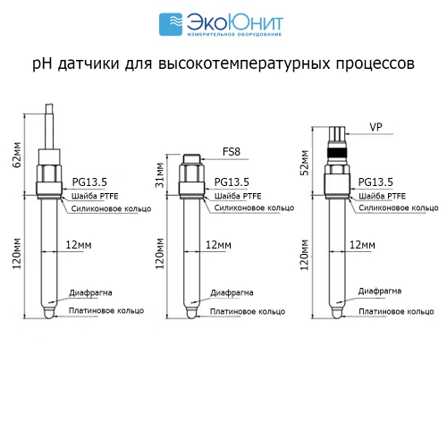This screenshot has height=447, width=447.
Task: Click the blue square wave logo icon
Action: (x=171, y=24)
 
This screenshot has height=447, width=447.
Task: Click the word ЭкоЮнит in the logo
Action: (x=235, y=22)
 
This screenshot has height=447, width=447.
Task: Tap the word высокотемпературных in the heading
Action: (x=244, y=63)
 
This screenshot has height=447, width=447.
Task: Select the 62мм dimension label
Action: (x=17, y=155)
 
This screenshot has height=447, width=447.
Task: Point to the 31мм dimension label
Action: (x=160, y=175)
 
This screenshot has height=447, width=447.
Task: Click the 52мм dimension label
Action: (x=304, y=163)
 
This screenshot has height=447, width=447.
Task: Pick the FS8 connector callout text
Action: (x=232, y=152)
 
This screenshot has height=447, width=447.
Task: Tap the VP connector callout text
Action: (x=375, y=127)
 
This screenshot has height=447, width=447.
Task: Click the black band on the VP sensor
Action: (x=337, y=152)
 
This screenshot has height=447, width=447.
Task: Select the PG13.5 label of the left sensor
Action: (x=89, y=181)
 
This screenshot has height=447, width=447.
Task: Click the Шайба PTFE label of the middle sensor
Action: (x=238, y=196)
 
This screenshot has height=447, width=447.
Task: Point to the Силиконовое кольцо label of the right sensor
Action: (x=399, y=207)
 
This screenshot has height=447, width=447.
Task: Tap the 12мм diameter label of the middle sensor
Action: (x=218, y=245)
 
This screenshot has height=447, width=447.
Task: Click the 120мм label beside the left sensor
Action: (x=17, y=253)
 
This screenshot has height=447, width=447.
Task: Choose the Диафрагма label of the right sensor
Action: (x=380, y=291)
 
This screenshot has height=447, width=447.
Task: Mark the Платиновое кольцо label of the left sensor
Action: (x=106, y=310)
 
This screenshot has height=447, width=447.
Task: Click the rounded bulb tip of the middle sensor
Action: (x=191, y=313)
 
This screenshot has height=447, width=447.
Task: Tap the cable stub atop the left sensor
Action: (x=49, y=126)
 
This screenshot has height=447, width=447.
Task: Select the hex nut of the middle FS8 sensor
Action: (x=191, y=173)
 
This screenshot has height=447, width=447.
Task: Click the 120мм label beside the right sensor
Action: (x=304, y=255)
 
